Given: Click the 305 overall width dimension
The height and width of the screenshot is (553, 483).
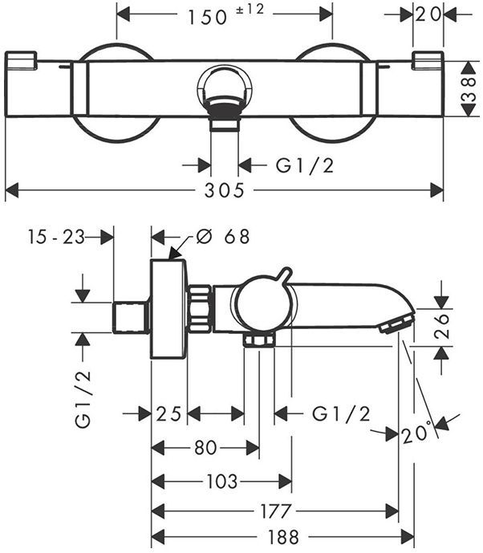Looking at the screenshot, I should [221, 191].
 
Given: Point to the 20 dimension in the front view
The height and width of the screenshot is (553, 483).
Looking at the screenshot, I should [428, 14].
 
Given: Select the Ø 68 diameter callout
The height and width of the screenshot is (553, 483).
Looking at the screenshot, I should [222, 237].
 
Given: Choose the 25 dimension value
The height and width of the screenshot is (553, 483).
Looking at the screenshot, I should [168, 414].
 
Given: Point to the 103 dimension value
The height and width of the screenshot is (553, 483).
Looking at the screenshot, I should [221, 482].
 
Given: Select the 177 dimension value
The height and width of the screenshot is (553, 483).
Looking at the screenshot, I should [275, 511].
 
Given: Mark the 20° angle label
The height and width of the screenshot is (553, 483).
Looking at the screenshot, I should [418, 433].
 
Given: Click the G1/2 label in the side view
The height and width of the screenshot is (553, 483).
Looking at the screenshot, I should [341, 414].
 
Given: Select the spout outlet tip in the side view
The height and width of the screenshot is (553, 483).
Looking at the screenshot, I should [396, 325].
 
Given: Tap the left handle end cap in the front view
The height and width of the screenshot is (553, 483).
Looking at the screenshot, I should [22, 60].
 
